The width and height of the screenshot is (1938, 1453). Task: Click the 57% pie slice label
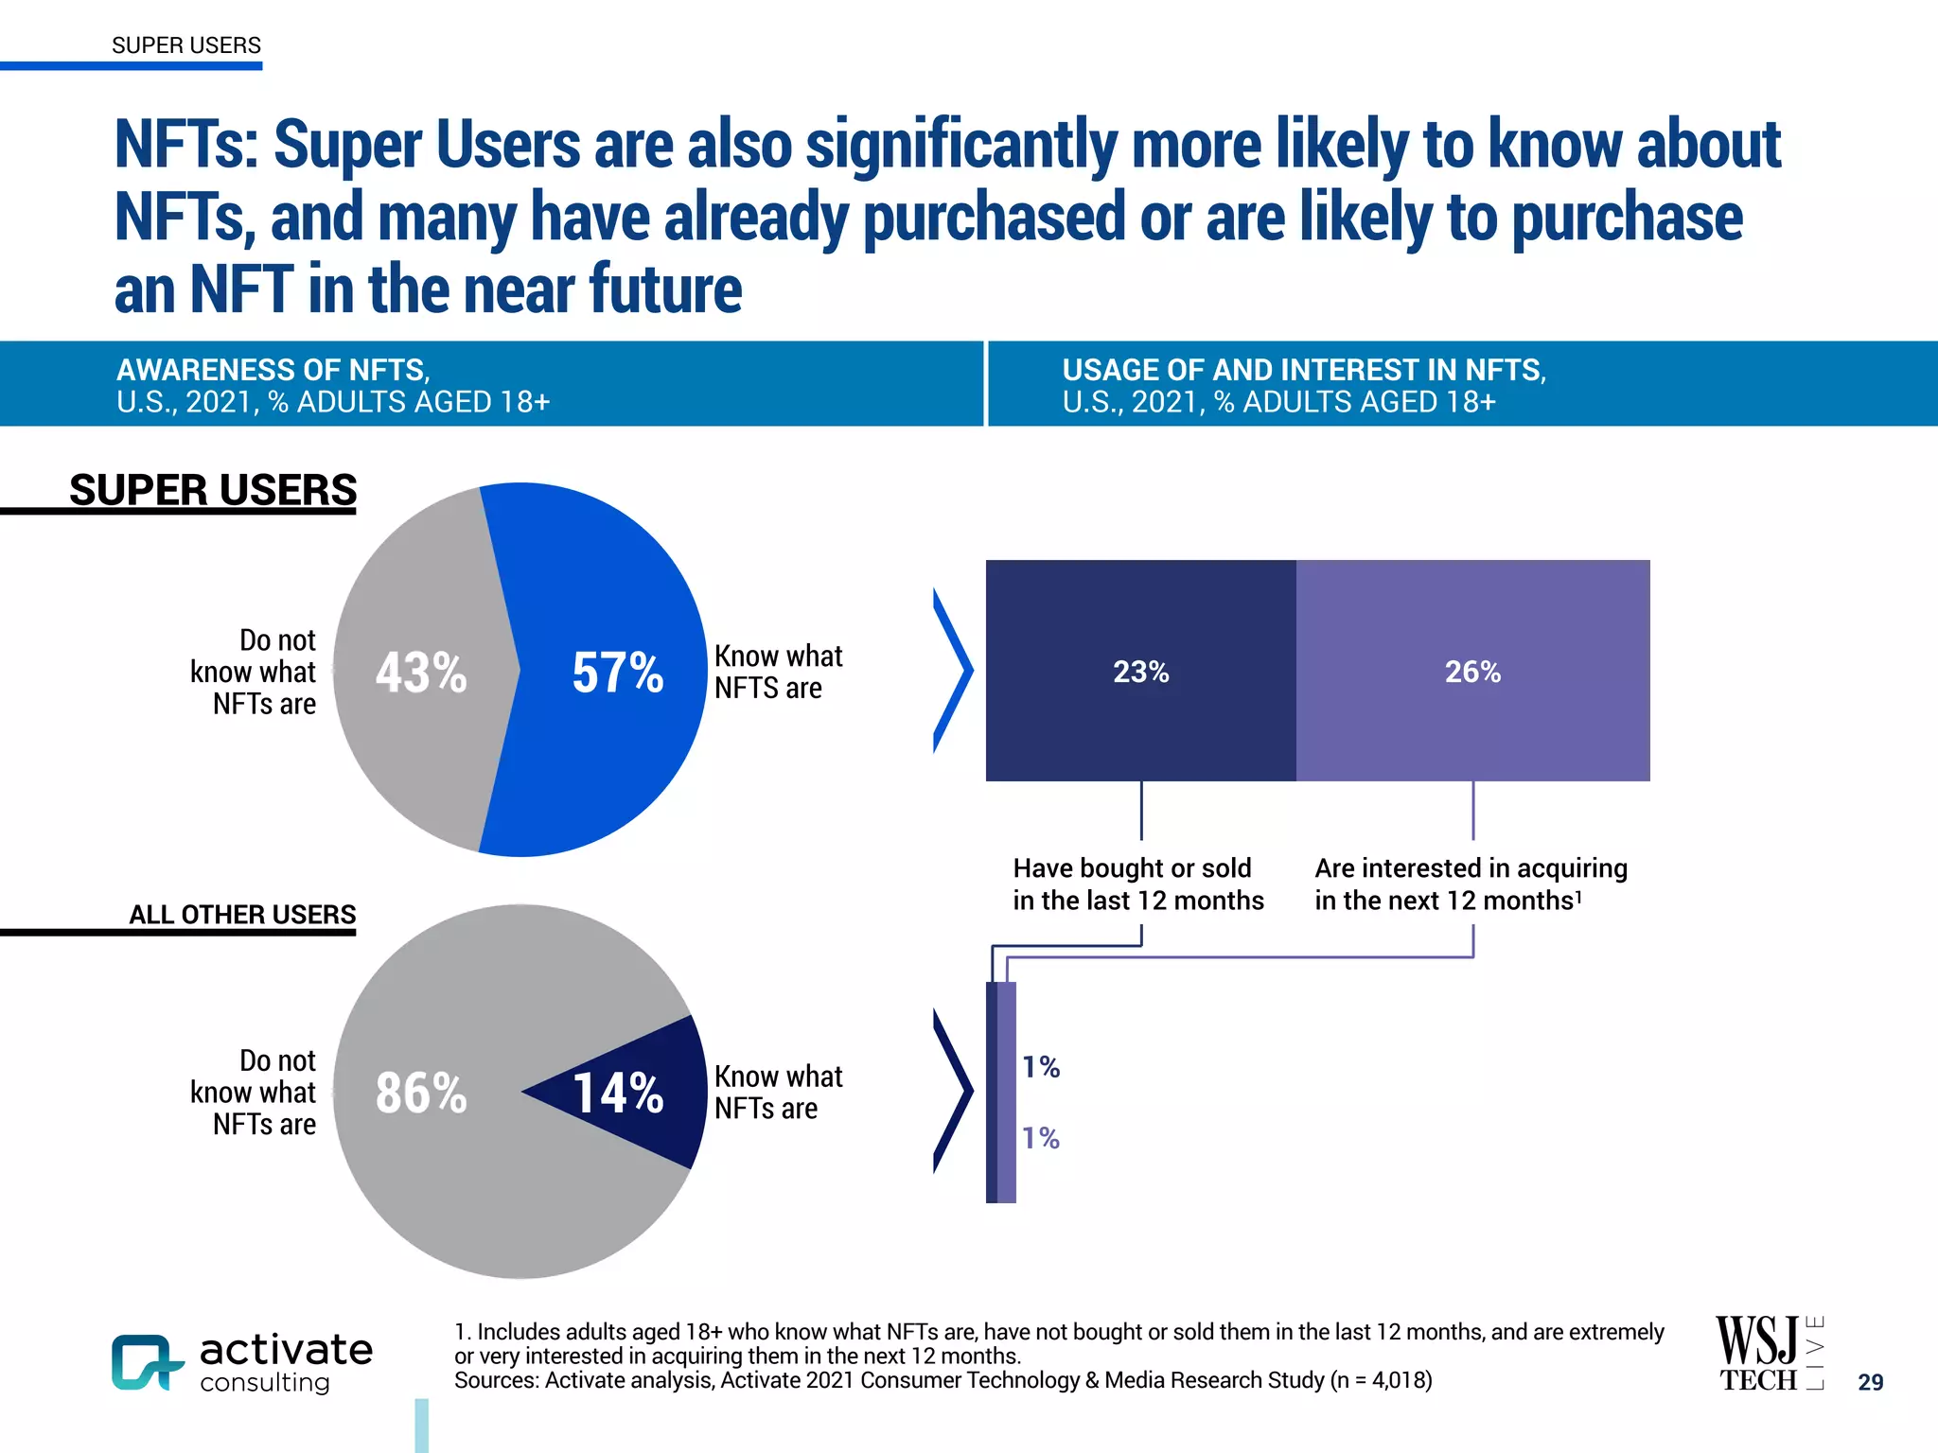[x=617, y=673]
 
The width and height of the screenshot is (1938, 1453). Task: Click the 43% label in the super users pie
[x=421, y=673]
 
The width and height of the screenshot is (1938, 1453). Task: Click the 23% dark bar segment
[x=1140, y=671]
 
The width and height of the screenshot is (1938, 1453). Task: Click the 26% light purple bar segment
[x=1472, y=671]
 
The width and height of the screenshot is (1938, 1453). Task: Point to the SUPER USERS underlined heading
[x=213, y=490]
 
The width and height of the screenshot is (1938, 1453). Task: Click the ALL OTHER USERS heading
[x=242, y=914]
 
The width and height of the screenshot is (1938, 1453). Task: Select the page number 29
[x=1870, y=1382]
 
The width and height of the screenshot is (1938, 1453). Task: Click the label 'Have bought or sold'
[x=1133, y=867]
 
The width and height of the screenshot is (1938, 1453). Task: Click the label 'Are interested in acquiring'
[x=1471, y=867]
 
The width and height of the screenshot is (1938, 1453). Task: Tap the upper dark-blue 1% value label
[x=1041, y=1067]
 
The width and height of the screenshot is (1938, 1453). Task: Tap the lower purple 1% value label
[x=1041, y=1137]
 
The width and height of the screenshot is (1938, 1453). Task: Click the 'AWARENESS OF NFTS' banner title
[x=273, y=370]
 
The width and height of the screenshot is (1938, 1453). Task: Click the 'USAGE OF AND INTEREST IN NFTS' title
[x=1303, y=370]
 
